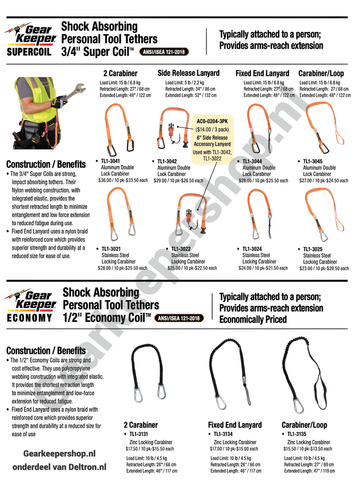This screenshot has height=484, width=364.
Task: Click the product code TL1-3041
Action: click(110, 161)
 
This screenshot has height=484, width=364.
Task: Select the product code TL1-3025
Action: click(313, 249)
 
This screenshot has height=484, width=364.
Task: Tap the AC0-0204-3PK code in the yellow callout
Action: click(212, 121)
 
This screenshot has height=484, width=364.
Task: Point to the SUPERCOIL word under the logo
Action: click(29, 52)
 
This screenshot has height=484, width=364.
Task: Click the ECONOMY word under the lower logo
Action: click(29, 318)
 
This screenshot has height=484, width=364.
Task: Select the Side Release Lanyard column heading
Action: click(188, 73)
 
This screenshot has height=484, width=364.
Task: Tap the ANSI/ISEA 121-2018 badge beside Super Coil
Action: click(164, 52)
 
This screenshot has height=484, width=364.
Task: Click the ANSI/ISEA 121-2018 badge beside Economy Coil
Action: click(179, 318)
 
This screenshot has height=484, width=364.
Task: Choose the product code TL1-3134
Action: click(223, 434)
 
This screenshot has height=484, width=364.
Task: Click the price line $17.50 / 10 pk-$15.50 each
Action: click(150, 449)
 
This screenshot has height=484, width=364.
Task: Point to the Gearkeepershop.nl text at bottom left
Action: click(59, 454)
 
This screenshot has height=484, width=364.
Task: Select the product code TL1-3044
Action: click(252, 161)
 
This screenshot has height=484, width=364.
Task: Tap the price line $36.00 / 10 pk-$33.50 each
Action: click(123, 181)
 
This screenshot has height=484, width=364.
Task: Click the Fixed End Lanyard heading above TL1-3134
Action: click(235, 425)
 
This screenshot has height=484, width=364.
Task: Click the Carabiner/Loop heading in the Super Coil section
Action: click(321, 73)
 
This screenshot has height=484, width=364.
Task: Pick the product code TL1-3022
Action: click(181, 249)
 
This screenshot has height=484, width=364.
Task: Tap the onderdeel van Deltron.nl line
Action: click(59, 467)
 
